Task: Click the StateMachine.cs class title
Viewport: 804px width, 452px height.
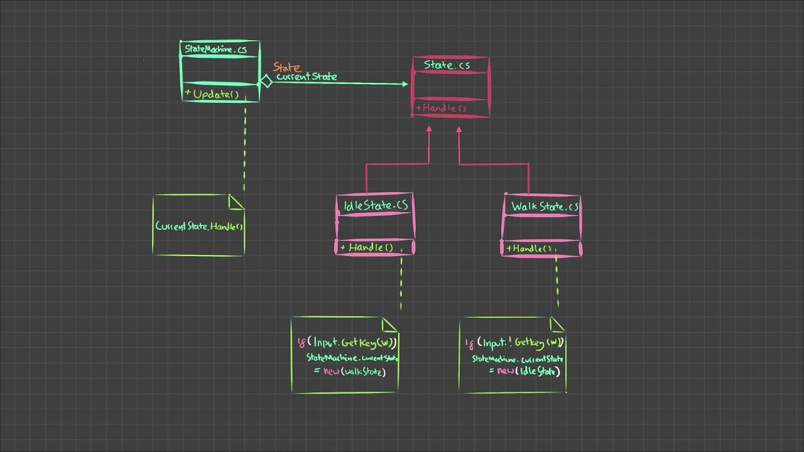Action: tap(215, 49)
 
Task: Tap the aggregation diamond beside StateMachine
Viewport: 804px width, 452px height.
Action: tap(266, 82)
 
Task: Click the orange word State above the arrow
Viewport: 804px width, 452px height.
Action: tap(286, 67)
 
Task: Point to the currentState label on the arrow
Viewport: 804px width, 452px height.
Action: tap(307, 77)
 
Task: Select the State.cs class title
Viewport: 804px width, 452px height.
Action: tap(447, 65)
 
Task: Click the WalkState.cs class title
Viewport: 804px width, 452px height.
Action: tap(545, 207)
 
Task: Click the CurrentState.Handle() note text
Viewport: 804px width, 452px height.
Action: tap(199, 226)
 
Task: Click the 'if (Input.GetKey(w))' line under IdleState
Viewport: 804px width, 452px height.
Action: tap(347, 342)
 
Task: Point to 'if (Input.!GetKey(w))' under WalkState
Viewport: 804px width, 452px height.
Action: tap(514, 342)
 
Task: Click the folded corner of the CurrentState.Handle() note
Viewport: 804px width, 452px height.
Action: tap(236, 202)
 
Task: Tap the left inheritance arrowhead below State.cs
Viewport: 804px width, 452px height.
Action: tap(430, 128)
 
